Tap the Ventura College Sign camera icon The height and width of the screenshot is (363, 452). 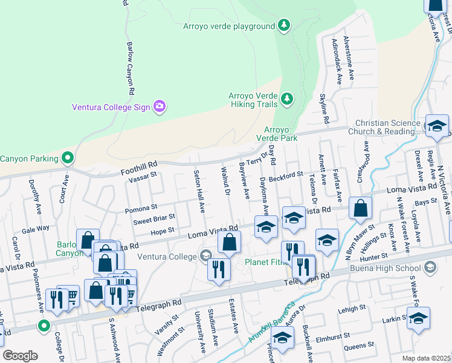(x=160, y=107)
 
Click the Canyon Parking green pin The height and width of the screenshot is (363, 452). (x=68, y=159)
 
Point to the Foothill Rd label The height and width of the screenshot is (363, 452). (x=140, y=164)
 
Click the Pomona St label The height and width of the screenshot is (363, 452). (x=141, y=209)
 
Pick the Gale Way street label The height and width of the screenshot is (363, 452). (x=36, y=229)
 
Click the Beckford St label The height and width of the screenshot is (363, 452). (x=286, y=175)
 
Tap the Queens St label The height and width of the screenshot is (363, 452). (x=359, y=346)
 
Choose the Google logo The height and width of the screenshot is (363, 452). (x=20, y=356)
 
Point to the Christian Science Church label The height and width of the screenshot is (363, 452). (x=387, y=127)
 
